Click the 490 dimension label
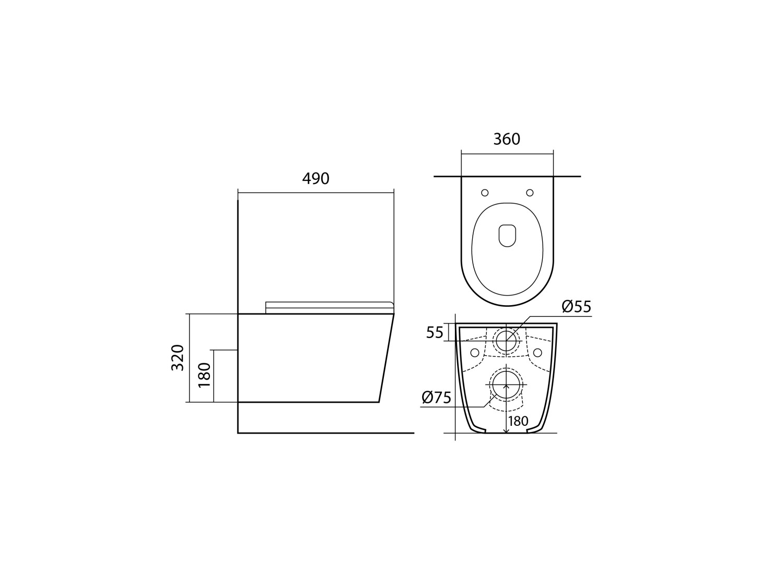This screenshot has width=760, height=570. (315, 179)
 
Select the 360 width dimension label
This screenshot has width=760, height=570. (507, 139)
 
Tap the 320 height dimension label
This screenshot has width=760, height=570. (178, 358)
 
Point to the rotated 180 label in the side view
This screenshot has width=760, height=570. (204, 375)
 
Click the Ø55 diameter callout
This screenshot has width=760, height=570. (577, 307)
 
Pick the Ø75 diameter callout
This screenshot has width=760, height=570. (437, 398)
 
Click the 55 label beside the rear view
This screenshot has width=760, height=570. (435, 333)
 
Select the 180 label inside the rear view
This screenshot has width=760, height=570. (518, 421)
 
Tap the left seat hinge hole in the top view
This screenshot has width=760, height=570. (485, 193)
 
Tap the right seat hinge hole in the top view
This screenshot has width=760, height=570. (530, 193)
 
